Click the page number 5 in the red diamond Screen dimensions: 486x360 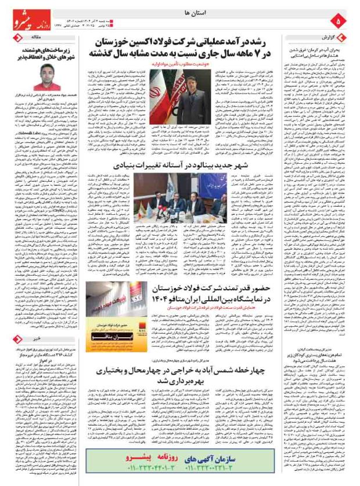[x=340, y=21]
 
